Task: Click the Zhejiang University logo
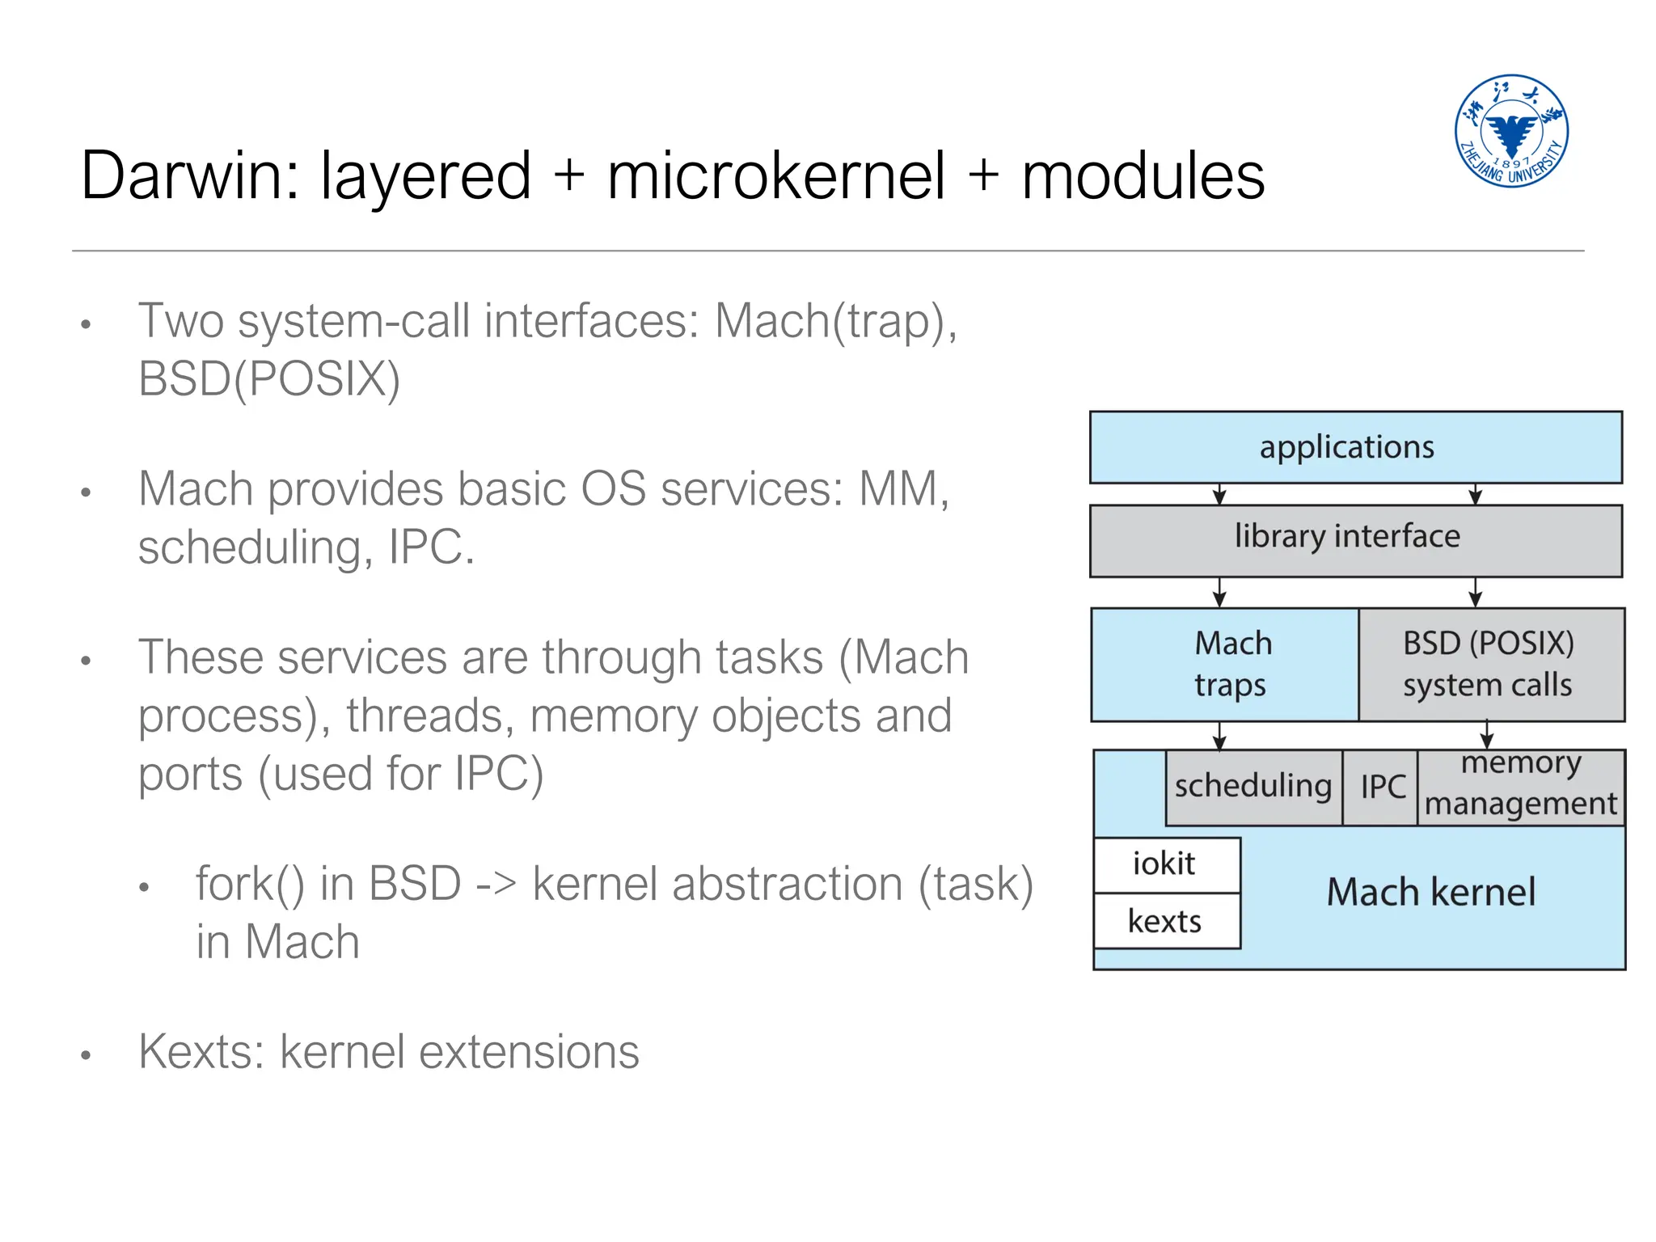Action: (x=1510, y=131)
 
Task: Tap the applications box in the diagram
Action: (x=1355, y=447)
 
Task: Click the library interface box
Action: (x=1355, y=539)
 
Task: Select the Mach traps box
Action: (x=1224, y=665)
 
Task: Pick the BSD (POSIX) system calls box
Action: (x=1490, y=665)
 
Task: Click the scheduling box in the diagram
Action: (x=1253, y=787)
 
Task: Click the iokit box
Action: (x=1165, y=864)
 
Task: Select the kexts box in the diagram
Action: (x=1165, y=921)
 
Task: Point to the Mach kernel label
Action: (x=1430, y=893)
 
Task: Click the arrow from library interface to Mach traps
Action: (x=1219, y=592)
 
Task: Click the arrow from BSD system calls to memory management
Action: (x=1486, y=734)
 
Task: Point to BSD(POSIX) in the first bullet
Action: (x=269, y=378)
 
